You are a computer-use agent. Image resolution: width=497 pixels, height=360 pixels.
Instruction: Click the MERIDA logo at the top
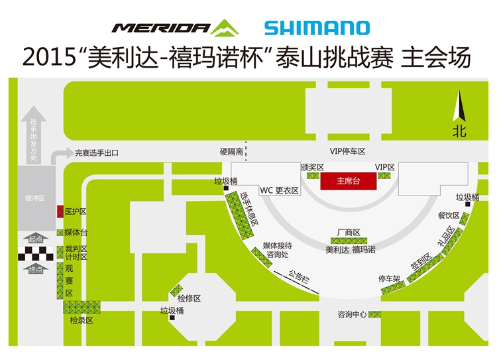coord(175,28)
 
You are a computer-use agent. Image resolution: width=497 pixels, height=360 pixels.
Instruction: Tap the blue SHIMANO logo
coord(317,28)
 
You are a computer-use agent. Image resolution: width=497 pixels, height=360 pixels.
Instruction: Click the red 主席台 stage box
coord(349,181)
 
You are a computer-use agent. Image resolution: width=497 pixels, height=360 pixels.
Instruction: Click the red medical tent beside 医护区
coord(60,211)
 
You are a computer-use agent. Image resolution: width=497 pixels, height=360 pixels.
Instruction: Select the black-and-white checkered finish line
coord(36,254)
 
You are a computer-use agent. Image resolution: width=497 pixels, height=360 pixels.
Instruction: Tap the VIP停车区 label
coord(347,151)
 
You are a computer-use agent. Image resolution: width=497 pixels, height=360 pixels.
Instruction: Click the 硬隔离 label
coord(231,152)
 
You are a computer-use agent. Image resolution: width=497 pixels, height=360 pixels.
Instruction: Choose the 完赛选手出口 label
coord(97,153)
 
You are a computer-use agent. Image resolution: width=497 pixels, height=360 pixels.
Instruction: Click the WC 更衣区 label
coord(279,190)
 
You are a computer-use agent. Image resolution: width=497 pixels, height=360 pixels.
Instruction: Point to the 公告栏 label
coord(299,276)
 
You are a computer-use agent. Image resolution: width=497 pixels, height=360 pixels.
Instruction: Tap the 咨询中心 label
coord(352,314)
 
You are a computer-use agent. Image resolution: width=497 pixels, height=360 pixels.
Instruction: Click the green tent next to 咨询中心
coord(374,314)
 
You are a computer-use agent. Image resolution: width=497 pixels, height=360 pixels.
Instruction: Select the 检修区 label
coord(189,298)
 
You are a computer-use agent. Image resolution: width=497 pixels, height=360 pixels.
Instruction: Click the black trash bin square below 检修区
coord(172,318)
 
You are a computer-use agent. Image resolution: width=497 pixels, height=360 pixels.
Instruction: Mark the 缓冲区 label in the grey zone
coord(35,198)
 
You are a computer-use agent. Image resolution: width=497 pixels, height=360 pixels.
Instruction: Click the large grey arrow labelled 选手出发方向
coord(33,135)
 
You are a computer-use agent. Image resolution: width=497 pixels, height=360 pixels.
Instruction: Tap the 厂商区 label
coord(349,233)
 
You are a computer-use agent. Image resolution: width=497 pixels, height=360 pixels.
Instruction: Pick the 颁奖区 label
coord(312,167)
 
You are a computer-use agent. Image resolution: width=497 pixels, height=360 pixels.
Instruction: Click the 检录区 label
coord(82,320)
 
